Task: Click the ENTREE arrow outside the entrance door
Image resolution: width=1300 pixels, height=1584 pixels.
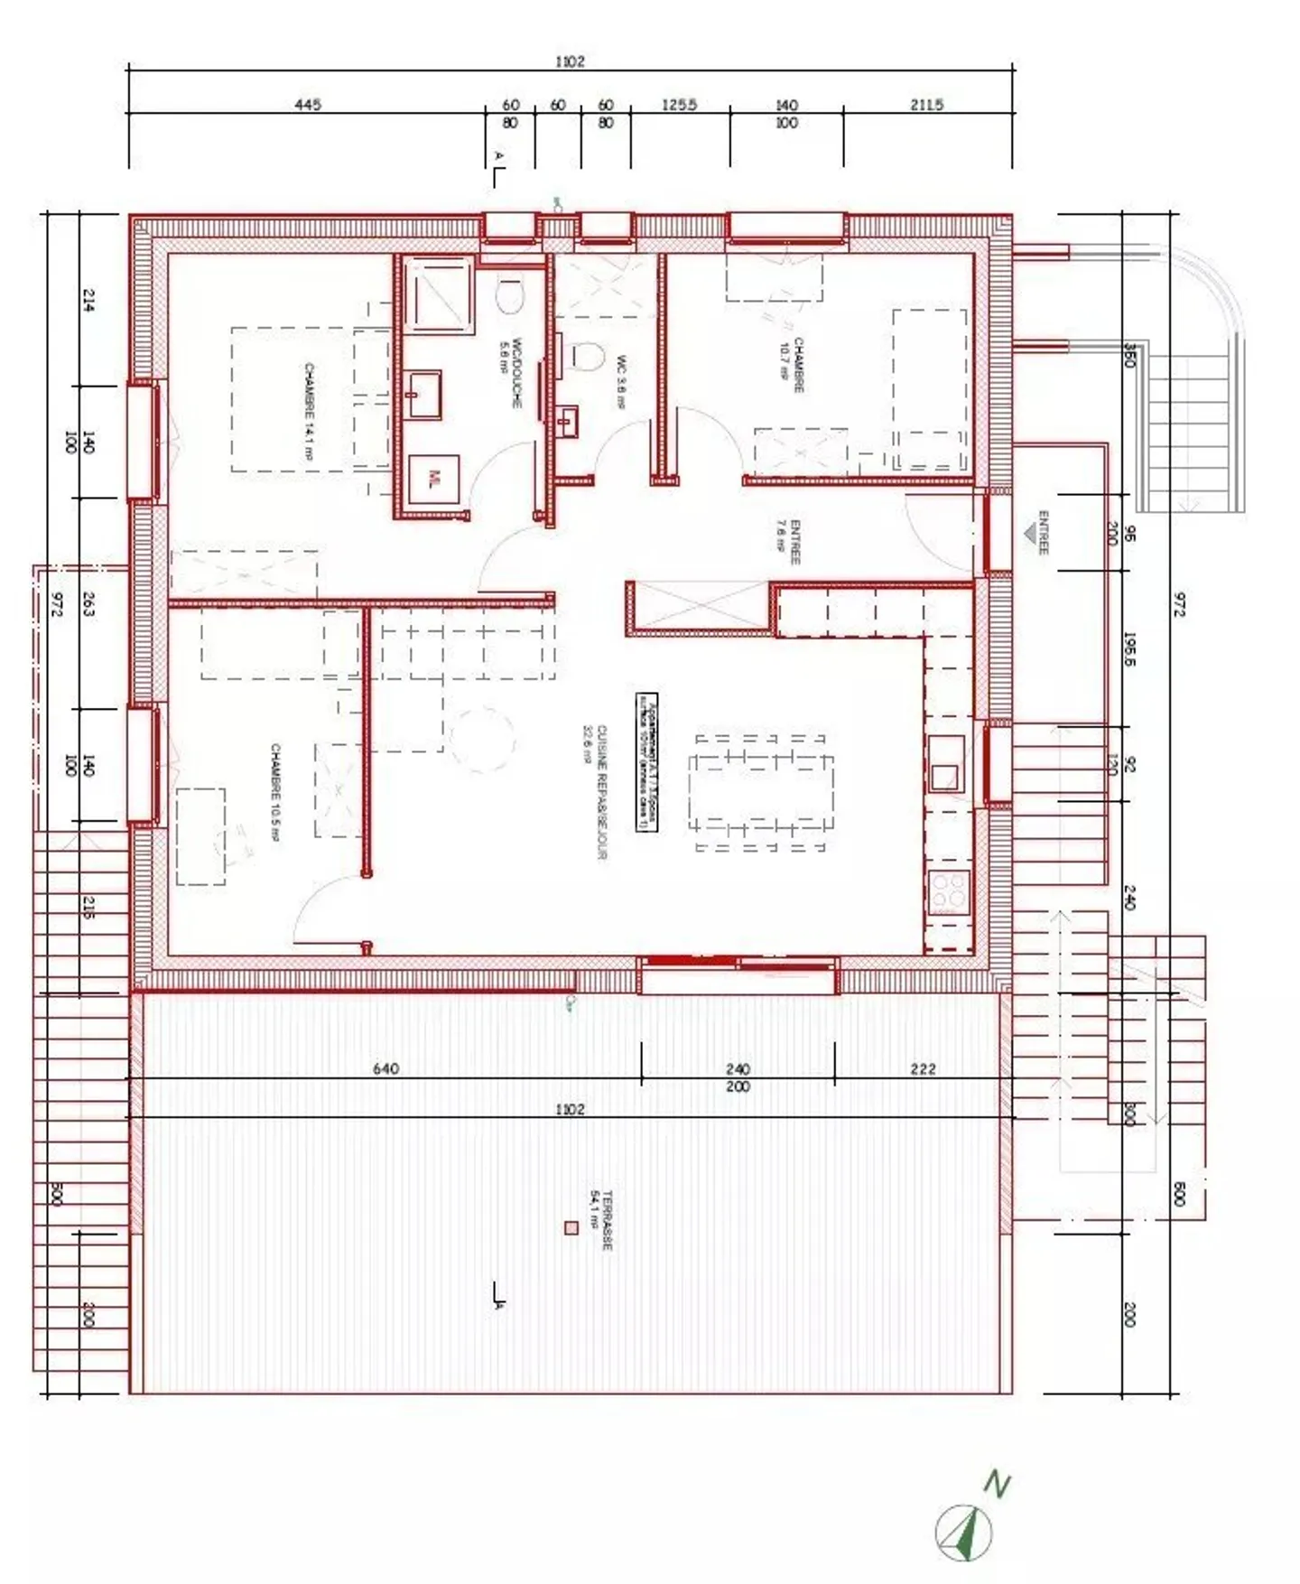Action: [x=1030, y=534]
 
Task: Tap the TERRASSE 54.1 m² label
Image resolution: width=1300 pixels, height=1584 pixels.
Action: [x=600, y=1219]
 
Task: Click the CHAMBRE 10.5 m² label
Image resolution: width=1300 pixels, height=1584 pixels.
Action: [x=275, y=793]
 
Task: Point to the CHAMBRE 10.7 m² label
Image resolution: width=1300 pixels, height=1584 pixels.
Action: [x=793, y=365]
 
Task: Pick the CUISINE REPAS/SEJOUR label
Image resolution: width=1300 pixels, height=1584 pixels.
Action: [x=596, y=791]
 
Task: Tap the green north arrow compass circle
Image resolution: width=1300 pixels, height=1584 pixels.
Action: [x=964, y=1533]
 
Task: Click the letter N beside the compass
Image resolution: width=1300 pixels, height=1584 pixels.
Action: [x=996, y=1484]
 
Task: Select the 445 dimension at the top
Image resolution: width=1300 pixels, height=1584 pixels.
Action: [x=308, y=105]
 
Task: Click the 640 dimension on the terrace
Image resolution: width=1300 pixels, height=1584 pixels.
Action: [x=385, y=1069]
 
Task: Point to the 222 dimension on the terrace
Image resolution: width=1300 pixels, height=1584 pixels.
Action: [x=923, y=1069]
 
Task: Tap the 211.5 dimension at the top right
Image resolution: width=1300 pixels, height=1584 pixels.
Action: [x=926, y=105]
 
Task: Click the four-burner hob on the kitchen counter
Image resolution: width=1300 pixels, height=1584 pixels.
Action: [x=948, y=892]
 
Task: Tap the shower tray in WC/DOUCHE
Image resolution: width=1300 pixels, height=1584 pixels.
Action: [x=438, y=294]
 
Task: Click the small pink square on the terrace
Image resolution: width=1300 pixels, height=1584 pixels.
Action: [x=571, y=1228]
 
